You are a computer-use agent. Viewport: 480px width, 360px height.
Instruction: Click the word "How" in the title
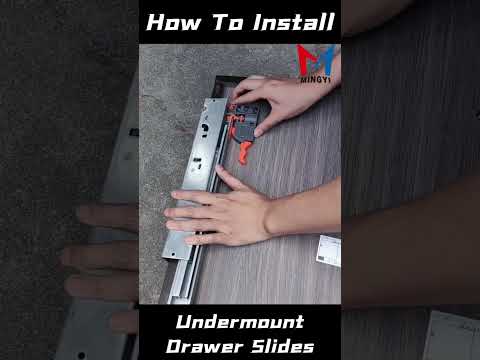[x=174, y=22]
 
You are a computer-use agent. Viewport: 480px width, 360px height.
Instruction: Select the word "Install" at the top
[x=293, y=22]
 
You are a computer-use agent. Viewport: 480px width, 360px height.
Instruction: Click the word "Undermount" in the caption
[x=240, y=322]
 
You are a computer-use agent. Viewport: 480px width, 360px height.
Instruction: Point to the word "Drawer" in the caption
[x=205, y=346]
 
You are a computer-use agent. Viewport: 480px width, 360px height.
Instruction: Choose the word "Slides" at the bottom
[x=283, y=346]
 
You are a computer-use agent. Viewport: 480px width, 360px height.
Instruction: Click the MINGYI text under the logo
[x=315, y=80]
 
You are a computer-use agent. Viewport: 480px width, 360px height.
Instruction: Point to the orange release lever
[x=244, y=152]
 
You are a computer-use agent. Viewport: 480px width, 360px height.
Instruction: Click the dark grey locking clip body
[x=247, y=122]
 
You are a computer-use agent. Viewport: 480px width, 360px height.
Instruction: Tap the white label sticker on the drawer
[x=329, y=251]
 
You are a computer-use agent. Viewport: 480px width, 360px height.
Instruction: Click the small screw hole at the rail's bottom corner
[x=173, y=254]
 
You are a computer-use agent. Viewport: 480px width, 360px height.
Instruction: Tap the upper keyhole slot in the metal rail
[x=205, y=128]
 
